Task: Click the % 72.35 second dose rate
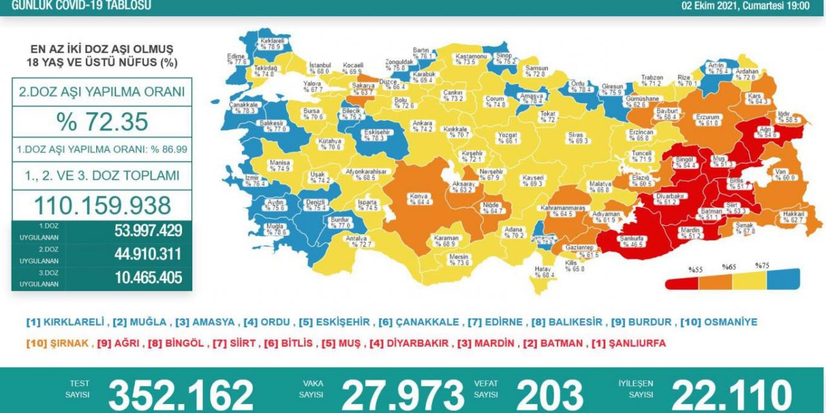pos(101,121)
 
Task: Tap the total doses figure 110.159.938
pos(101,205)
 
